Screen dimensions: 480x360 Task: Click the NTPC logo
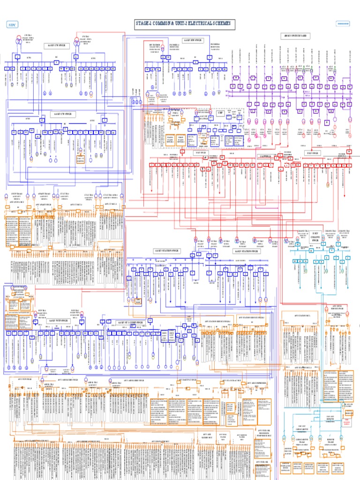(11, 24)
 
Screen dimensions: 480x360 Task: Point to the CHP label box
(220, 112)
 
